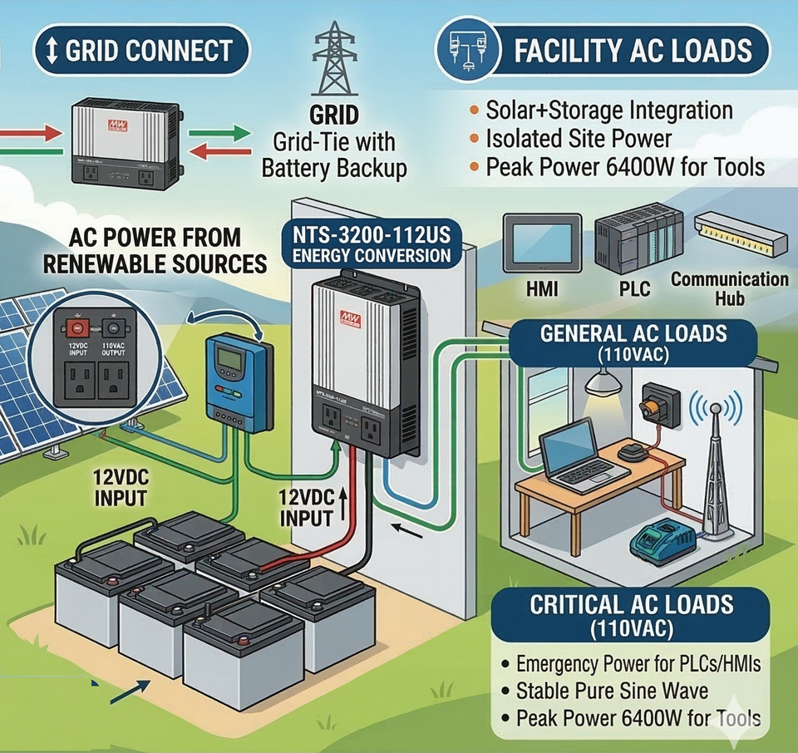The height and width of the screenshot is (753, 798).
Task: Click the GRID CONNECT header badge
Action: pyautogui.click(x=142, y=51)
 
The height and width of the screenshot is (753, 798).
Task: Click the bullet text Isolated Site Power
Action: pyautogui.click(x=579, y=138)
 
